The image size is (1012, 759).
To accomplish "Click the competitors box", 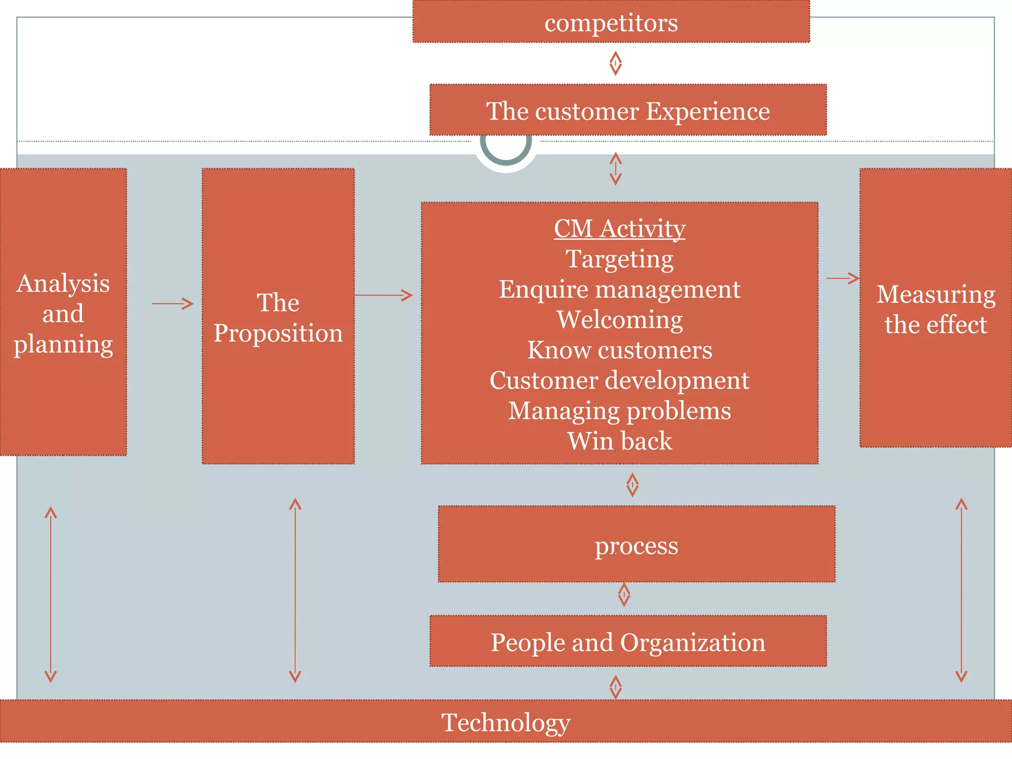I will coord(611,22).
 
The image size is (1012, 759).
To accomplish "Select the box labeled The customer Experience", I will coord(628,111).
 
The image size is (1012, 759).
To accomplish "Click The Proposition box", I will coord(278,316).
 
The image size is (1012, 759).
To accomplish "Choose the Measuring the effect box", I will coord(935,308).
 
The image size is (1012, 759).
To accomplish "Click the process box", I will coord(636,545).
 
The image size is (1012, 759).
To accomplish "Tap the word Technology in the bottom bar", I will coord(506,722).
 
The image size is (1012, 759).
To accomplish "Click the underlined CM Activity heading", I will coord(619,229).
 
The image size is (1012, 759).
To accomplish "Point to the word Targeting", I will coord(619,259).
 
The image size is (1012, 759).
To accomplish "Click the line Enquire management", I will coord(619,290).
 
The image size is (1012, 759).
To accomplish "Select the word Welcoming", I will coord(619,320).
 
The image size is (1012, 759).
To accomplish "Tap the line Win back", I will coord(619,441).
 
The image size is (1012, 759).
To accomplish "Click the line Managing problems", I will coord(619,411).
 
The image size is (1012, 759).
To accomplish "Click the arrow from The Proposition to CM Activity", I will coord(383,295).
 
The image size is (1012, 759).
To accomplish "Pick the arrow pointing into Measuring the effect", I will coord(843,278).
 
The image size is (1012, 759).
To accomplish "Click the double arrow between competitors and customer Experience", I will coord(615,63).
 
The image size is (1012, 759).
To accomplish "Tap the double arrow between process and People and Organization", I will coord(624,595).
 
